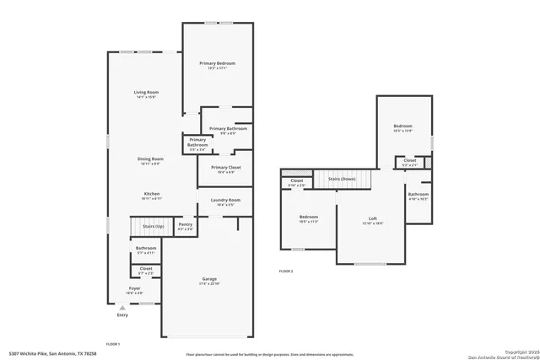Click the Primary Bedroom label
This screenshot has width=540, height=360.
click(x=217, y=64)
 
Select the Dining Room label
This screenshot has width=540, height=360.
click(x=151, y=159)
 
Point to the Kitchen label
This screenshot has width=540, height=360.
click(x=152, y=193)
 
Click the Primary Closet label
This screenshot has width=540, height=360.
click(x=226, y=168)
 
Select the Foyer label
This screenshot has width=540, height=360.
click(x=134, y=288)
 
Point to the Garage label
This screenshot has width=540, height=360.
click(x=209, y=279)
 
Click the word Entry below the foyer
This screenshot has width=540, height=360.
click(x=123, y=315)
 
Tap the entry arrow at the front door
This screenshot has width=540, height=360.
click(x=123, y=308)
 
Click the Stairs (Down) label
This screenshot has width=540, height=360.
click(x=342, y=179)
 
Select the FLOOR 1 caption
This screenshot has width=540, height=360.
click(x=113, y=344)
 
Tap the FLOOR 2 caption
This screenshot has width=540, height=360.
click(x=287, y=271)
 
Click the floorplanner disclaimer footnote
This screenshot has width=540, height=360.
click(x=270, y=352)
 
